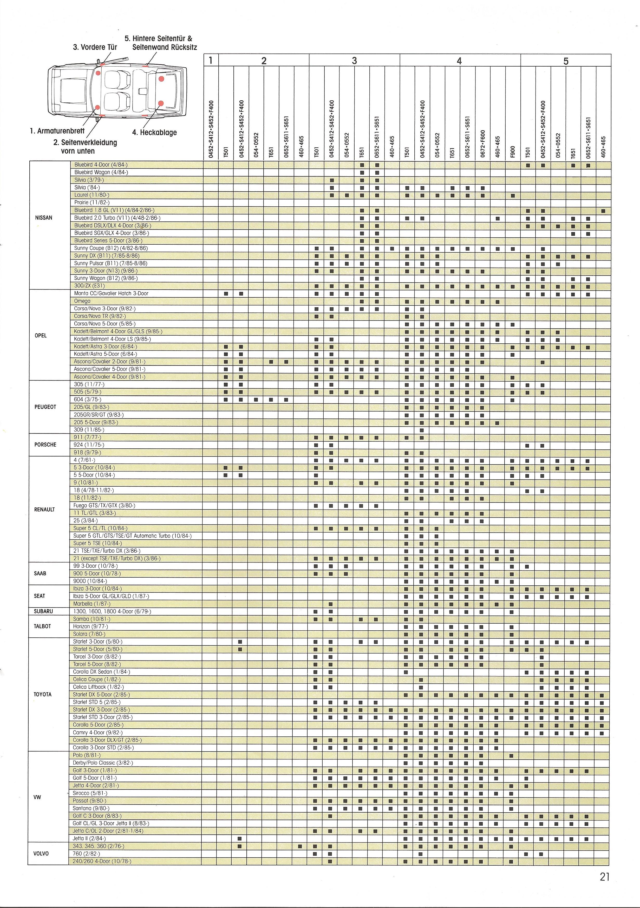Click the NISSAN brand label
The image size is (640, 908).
pyautogui.click(x=43, y=218)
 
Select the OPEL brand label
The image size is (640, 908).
pyautogui.click(x=41, y=335)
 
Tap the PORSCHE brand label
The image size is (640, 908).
pyautogui.click(x=45, y=445)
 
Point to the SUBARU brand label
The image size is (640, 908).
pyautogui.click(x=43, y=611)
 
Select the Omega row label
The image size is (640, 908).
pyautogui.click(x=82, y=301)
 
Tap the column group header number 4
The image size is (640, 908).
pyautogui.click(x=459, y=61)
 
